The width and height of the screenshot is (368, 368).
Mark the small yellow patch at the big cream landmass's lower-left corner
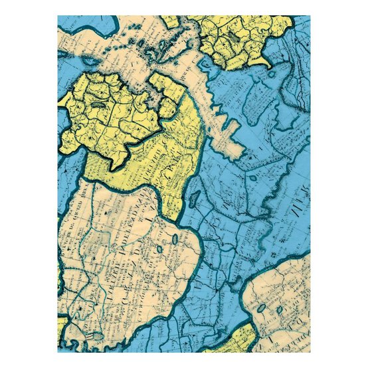point(62,325)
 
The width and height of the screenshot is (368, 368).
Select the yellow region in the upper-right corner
point(242,37)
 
